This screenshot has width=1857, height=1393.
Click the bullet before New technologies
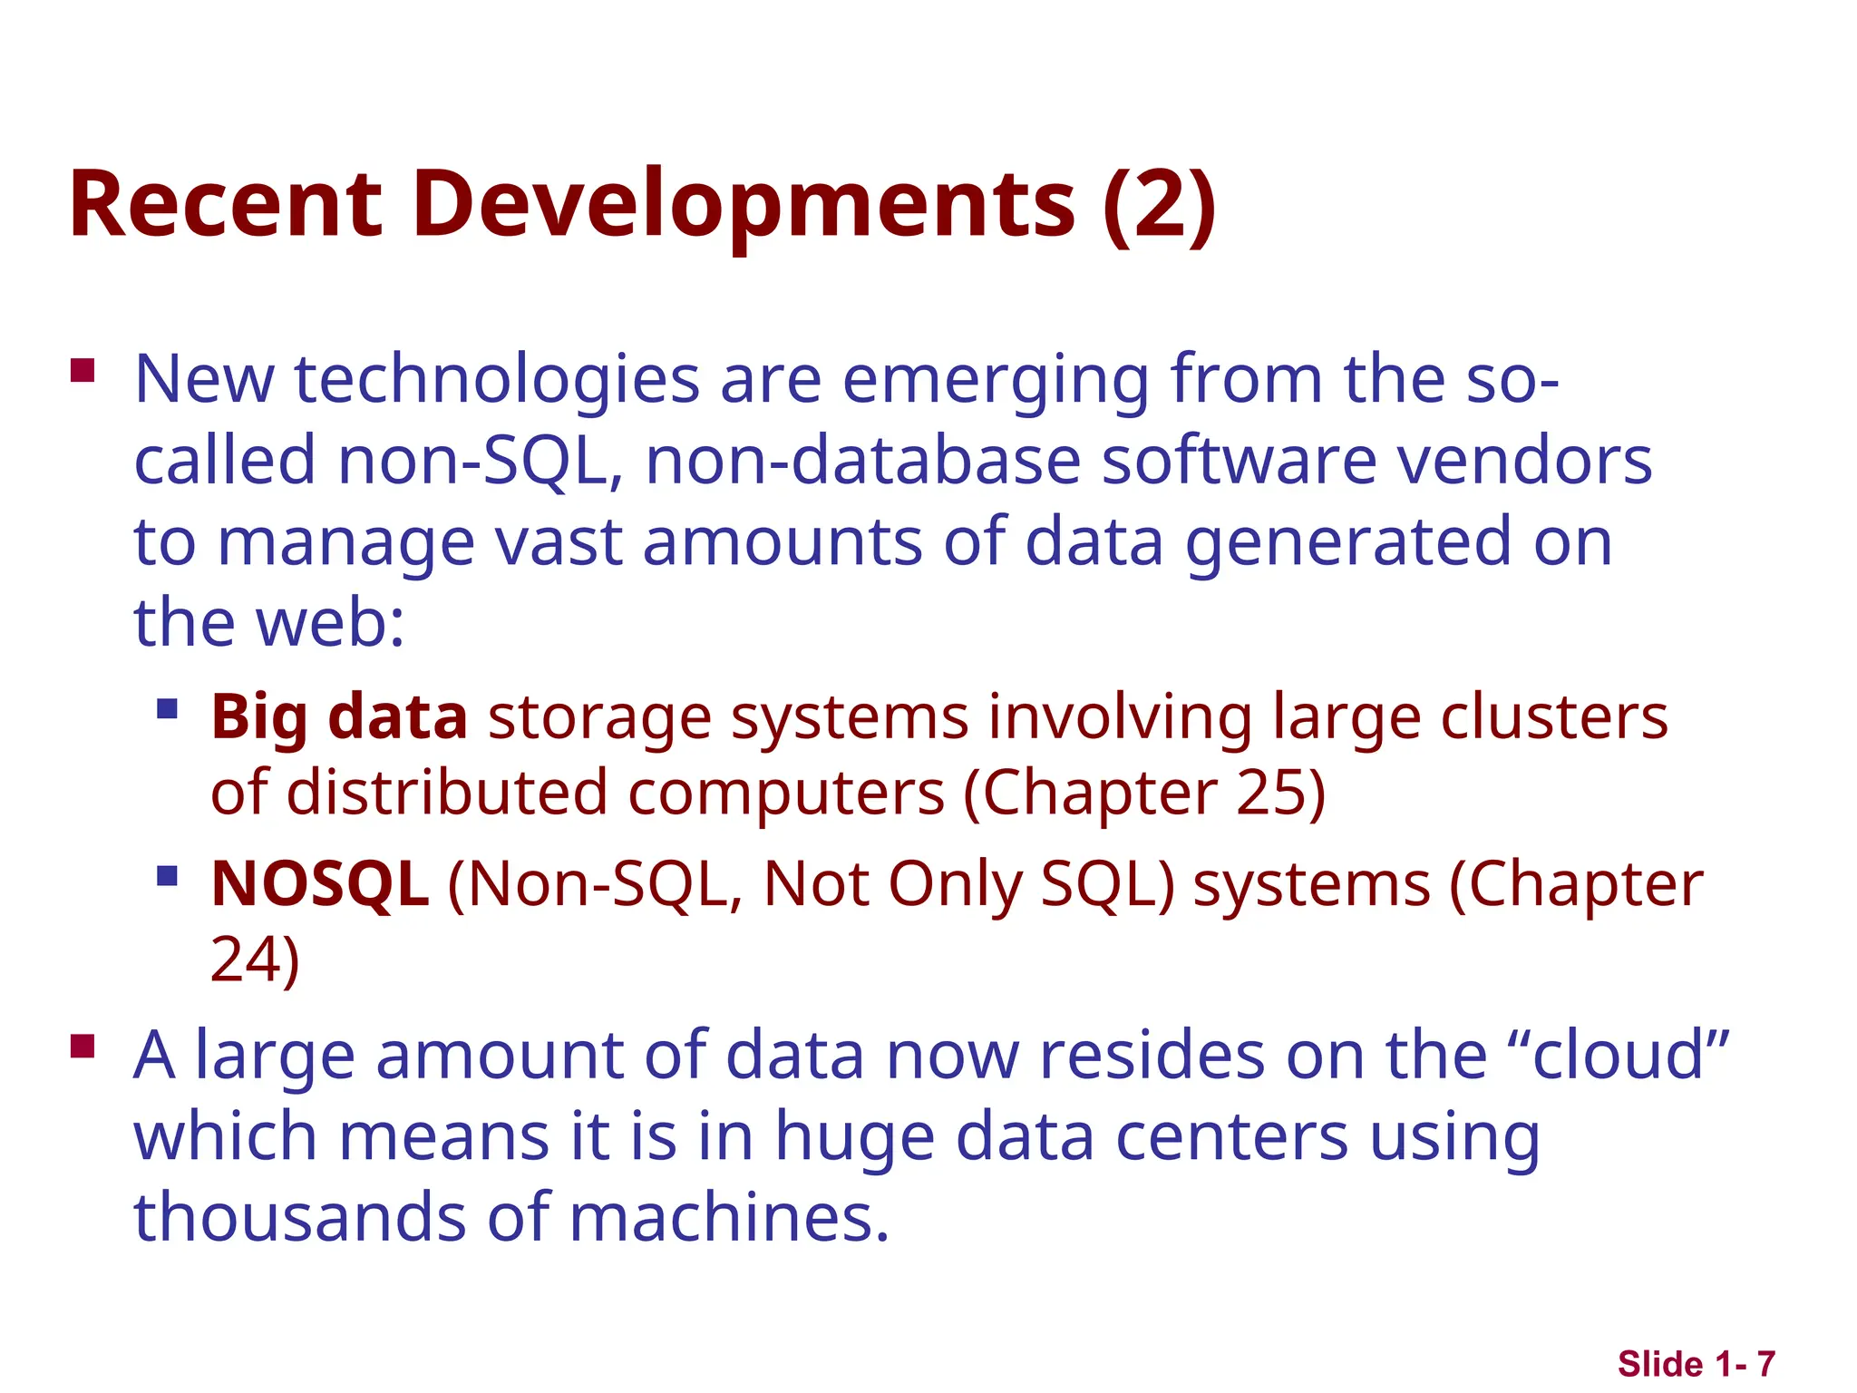83,372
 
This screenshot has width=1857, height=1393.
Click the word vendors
1524,460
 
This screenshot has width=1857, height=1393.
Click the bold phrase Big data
339,716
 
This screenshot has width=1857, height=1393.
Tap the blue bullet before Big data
167,707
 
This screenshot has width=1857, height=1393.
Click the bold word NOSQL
319,883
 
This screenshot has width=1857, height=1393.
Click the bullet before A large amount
83,1047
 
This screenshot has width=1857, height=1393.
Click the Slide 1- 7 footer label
1696,1364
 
